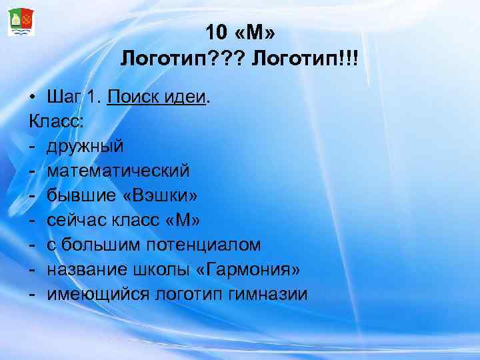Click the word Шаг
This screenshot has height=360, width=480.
click(66, 99)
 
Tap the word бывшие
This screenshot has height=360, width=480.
click(80, 195)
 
